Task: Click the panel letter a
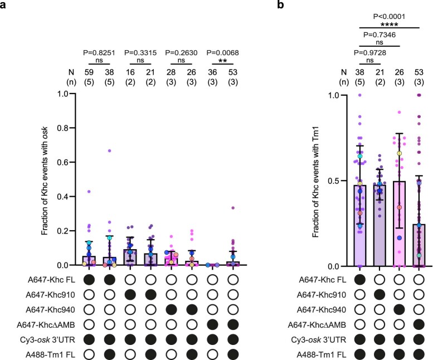pos(4,5)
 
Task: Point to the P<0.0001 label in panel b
pos(390,15)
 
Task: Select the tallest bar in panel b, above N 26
pos(400,223)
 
